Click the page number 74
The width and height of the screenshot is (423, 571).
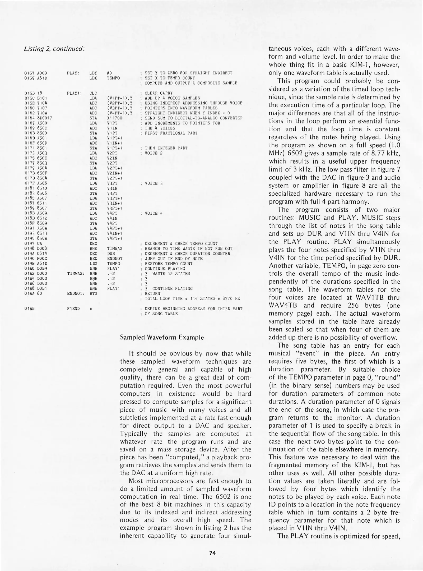(212, 552)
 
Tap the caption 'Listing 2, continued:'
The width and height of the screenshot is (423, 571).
(54, 49)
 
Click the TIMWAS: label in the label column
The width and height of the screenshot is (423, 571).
(76, 274)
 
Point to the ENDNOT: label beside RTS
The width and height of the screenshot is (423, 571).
(76, 294)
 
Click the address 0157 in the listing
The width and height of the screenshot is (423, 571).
(28, 73)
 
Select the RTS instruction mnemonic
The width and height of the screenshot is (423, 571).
(93, 294)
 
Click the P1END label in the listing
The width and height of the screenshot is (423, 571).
(73, 309)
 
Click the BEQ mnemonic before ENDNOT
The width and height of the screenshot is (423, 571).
(93, 259)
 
